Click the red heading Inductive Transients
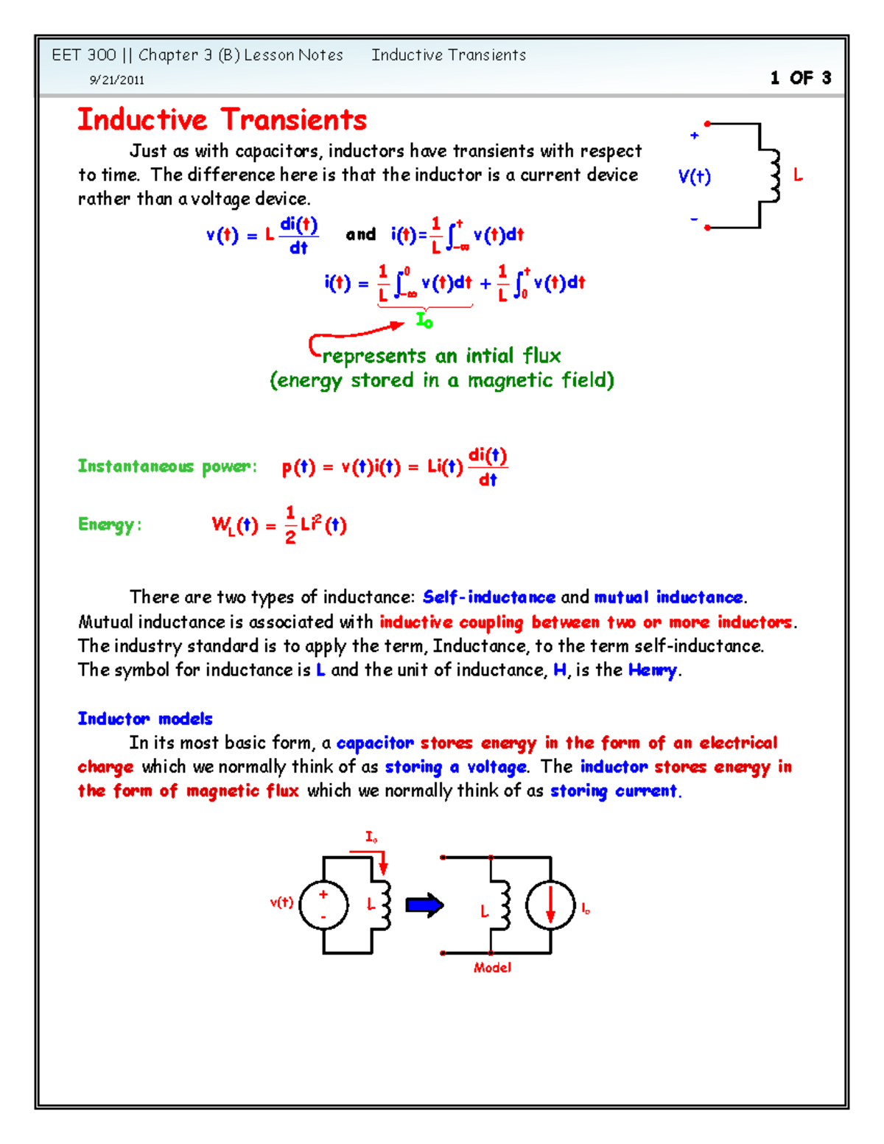[x=222, y=120]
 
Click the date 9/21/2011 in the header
[x=116, y=80]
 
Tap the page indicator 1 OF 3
[x=801, y=78]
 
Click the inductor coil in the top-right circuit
[x=773, y=175]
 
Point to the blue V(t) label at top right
[x=694, y=177]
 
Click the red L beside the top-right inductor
[x=798, y=175]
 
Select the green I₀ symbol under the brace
[x=424, y=320]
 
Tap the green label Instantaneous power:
[x=167, y=466]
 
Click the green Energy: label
[x=109, y=524]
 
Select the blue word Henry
[x=653, y=670]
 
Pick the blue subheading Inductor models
[x=145, y=719]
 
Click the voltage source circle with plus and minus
[x=323, y=905]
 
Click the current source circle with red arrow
[x=550, y=905]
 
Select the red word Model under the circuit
[x=492, y=968]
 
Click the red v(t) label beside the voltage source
[x=281, y=902]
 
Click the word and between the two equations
[x=361, y=235]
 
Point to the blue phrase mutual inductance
[x=669, y=597]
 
